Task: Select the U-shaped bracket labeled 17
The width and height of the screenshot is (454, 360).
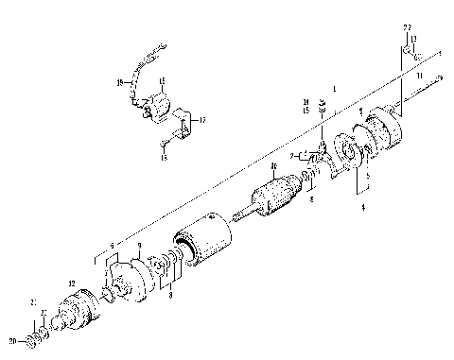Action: point(184,123)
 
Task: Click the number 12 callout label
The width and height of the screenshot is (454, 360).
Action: point(72,283)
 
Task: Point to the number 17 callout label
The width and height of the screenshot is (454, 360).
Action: point(201,121)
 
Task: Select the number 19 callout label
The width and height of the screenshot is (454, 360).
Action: point(119,83)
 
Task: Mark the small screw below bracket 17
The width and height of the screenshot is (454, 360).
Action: point(164,145)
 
